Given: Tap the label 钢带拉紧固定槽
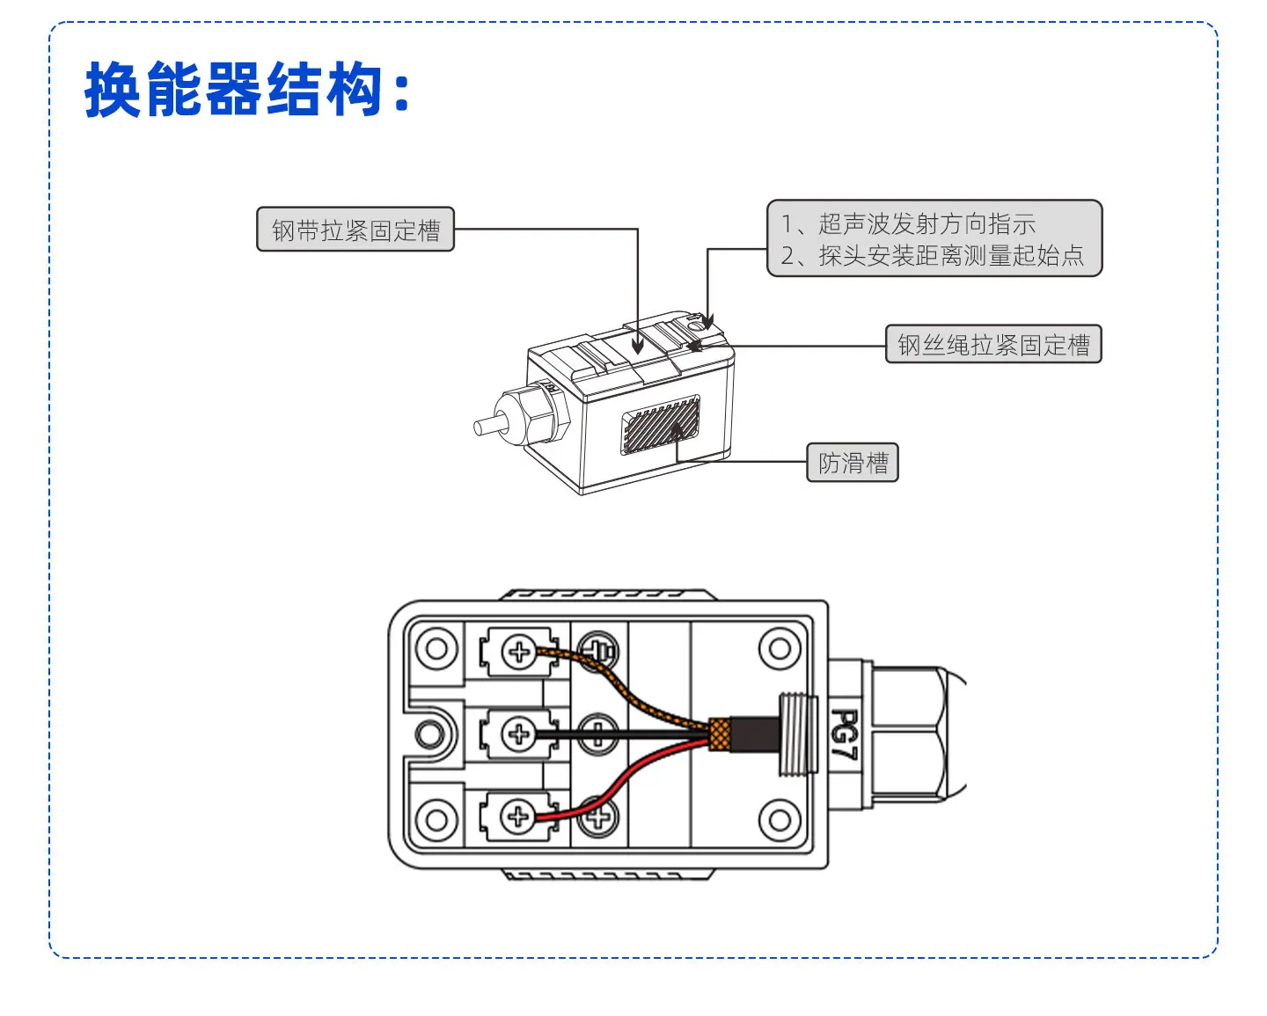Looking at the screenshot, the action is pos(355,230).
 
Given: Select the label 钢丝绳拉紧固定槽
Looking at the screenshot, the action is pos(993,344).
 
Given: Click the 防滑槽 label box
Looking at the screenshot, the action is pos(853,463).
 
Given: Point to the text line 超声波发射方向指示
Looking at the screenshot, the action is pos(926,223).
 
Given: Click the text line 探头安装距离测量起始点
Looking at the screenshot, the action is pos(951,255).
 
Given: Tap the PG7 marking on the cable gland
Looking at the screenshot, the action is pos(845,734).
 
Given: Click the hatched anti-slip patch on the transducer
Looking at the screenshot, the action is pos(660,424).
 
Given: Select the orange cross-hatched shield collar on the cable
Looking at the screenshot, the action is pos(720,734).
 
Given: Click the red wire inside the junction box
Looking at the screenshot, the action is pos(619,783).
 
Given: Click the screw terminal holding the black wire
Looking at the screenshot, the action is pos(519,734).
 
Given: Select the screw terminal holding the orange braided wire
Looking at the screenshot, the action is pos(519,652).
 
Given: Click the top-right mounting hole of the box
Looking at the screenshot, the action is pos(780,649).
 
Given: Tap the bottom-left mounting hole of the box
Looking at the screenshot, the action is pos(436,819).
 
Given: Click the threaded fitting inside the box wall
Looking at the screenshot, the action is pos(798,734).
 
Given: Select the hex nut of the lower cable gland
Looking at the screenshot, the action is pos(910,734).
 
